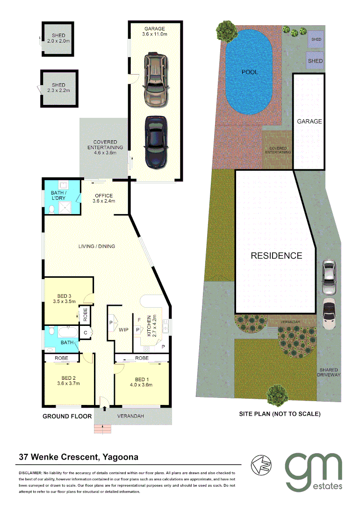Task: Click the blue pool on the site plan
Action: pyautogui.click(x=249, y=75)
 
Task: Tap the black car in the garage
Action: pyautogui.click(x=156, y=142)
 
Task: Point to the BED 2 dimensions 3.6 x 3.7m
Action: pyautogui.click(x=69, y=384)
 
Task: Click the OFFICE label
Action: pyautogui.click(x=104, y=195)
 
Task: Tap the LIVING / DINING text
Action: pyautogui.click(x=97, y=246)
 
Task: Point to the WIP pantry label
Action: pyautogui.click(x=123, y=330)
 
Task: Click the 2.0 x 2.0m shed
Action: pyautogui.click(x=58, y=38)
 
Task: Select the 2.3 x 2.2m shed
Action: pyautogui.click(x=59, y=88)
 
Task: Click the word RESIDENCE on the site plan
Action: pyautogui.click(x=276, y=256)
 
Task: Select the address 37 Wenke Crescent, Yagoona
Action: pyautogui.click(x=78, y=456)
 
